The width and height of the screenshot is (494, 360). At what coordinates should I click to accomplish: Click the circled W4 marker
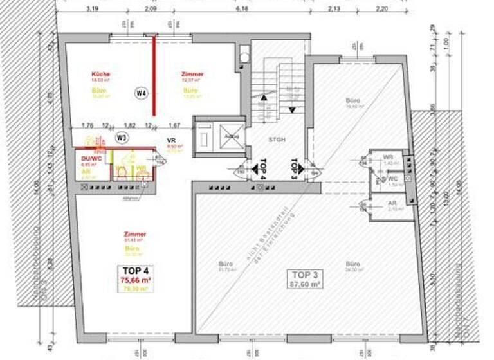pyautogui.click(x=142, y=93)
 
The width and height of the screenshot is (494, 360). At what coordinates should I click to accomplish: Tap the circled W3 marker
pyautogui.click(x=121, y=137)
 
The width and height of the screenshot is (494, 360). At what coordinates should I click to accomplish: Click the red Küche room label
pyautogui.click(x=101, y=75)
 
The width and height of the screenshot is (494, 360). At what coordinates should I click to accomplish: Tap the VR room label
pyautogui.click(x=172, y=139)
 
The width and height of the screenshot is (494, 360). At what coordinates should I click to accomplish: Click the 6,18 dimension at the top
pyautogui.click(x=242, y=10)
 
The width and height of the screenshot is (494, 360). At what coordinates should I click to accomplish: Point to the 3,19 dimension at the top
pyautogui.click(x=91, y=10)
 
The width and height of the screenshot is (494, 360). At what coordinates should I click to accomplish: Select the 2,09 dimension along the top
pyautogui.click(x=151, y=10)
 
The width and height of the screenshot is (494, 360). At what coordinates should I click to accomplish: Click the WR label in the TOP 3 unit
pyautogui.click(x=388, y=157)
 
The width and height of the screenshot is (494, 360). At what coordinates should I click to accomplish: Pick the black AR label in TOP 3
pyautogui.click(x=392, y=203)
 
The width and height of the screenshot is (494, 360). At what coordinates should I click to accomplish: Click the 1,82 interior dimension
pyautogui.click(x=129, y=125)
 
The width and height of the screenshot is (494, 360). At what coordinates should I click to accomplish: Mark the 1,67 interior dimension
pyautogui.click(x=174, y=125)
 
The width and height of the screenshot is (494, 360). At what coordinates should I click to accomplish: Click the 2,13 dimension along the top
pyautogui.click(x=333, y=10)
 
